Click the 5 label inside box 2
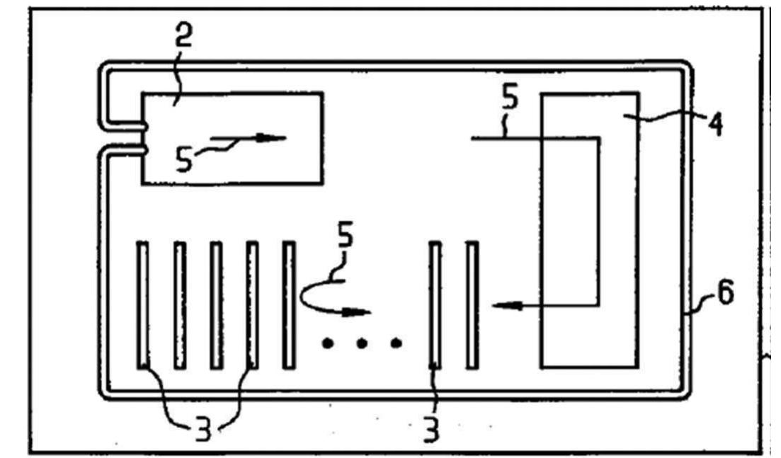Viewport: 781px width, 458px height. [183, 159]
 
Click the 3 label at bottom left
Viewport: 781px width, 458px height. [203, 429]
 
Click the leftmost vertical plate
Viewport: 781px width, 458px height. [143, 304]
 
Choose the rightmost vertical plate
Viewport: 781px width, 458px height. [472, 304]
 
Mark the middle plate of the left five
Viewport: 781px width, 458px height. [217, 304]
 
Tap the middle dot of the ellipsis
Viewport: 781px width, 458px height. [361, 344]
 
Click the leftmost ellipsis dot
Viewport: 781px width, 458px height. [327, 344]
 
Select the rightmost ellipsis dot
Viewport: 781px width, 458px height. [395, 344]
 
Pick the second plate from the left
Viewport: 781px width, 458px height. [180, 304]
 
